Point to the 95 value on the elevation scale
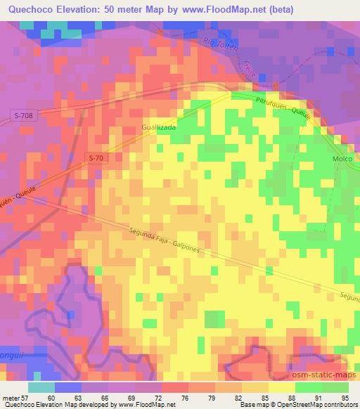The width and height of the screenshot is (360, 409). point(344,397)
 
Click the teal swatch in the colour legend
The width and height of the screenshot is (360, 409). point(41,387)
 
